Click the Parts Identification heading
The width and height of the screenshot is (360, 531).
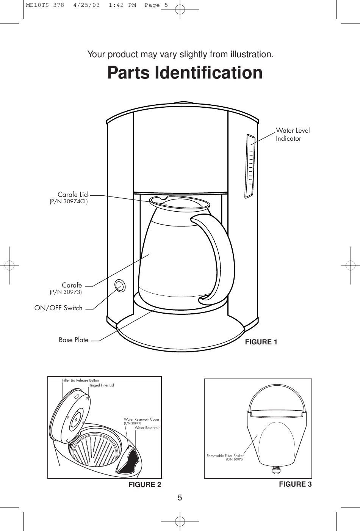[x=185, y=73]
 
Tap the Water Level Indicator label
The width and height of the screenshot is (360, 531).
[x=293, y=134]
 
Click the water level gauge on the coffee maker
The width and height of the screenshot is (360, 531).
[x=250, y=165]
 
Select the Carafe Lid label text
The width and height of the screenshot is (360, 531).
[x=72, y=195]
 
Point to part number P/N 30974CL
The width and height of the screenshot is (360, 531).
[x=69, y=202]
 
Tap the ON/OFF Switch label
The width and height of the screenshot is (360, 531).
[x=58, y=308]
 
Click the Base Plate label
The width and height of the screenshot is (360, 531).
[x=74, y=340]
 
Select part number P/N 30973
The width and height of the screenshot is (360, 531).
[x=66, y=292]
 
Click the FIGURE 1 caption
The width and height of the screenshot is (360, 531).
[x=261, y=342]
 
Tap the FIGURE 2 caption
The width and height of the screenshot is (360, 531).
[x=145, y=485]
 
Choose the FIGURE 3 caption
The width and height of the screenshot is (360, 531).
[x=295, y=484]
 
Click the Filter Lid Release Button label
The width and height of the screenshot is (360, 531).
[x=80, y=380]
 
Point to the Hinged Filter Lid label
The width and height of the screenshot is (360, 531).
[x=101, y=385]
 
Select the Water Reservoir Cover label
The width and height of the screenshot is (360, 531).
[x=141, y=419]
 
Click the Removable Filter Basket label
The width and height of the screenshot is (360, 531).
[x=225, y=456]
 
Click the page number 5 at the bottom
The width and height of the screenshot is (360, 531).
[x=180, y=498]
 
